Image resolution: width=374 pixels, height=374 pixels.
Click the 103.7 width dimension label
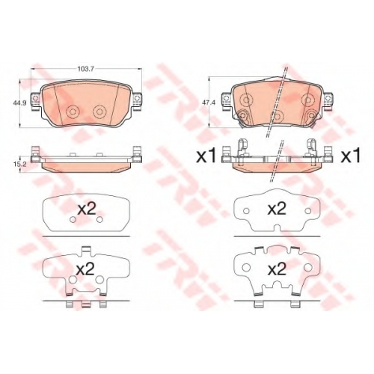(85, 69)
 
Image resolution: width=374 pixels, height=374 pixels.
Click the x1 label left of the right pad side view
(206, 157)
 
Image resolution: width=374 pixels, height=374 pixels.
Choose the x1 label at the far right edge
(351, 157)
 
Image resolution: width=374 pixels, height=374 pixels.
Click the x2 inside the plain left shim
(86, 209)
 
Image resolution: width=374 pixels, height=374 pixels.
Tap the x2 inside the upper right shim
(277, 209)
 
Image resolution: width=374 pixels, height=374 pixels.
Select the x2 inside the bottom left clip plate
(85, 269)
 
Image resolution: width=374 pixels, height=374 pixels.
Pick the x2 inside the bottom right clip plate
(277, 269)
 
